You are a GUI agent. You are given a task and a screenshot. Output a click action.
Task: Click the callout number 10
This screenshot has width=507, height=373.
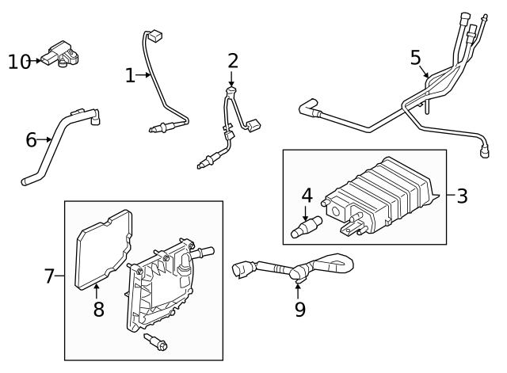[x=19, y=61]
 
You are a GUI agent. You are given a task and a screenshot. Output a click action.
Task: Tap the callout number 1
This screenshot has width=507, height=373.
[x=130, y=75]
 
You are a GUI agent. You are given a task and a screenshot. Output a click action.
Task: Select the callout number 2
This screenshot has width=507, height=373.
[x=232, y=60]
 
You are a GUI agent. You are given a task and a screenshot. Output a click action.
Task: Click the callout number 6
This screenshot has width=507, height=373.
[x=32, y=140]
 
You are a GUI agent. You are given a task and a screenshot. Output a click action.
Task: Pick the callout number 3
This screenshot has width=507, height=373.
[x=462, y=195]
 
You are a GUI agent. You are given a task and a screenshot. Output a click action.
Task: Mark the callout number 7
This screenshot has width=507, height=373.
[x=49, y=276]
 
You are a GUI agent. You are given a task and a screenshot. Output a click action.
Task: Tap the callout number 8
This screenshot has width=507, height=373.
[x=99, y=309]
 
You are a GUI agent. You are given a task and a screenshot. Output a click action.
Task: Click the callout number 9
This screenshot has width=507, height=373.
[x=299, y=308]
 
